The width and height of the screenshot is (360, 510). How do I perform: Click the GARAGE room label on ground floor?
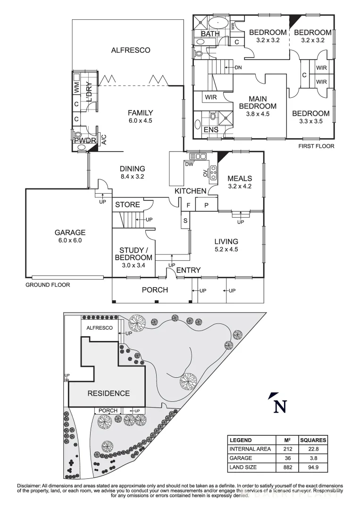pos(69,232)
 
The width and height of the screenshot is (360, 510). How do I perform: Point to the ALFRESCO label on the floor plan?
pos(130,50)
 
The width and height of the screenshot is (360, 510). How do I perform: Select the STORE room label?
pos(127,204)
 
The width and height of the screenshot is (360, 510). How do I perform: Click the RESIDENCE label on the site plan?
pos(108,393)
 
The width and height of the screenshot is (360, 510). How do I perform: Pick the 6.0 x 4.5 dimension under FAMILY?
pos(141,120)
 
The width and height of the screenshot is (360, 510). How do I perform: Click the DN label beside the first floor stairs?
pos(238,68)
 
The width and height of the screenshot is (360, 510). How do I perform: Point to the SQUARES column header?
pos(313,440)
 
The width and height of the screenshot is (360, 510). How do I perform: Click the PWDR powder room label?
pos(84,141)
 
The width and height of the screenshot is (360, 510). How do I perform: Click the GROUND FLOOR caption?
pos(48,285)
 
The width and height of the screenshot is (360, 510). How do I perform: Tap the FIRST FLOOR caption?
pos(316,146)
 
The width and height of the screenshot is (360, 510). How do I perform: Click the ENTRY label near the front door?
pos(188,270)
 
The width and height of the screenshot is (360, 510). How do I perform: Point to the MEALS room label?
pos(240,178)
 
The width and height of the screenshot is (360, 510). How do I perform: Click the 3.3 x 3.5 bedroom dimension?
pos(310,121)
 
